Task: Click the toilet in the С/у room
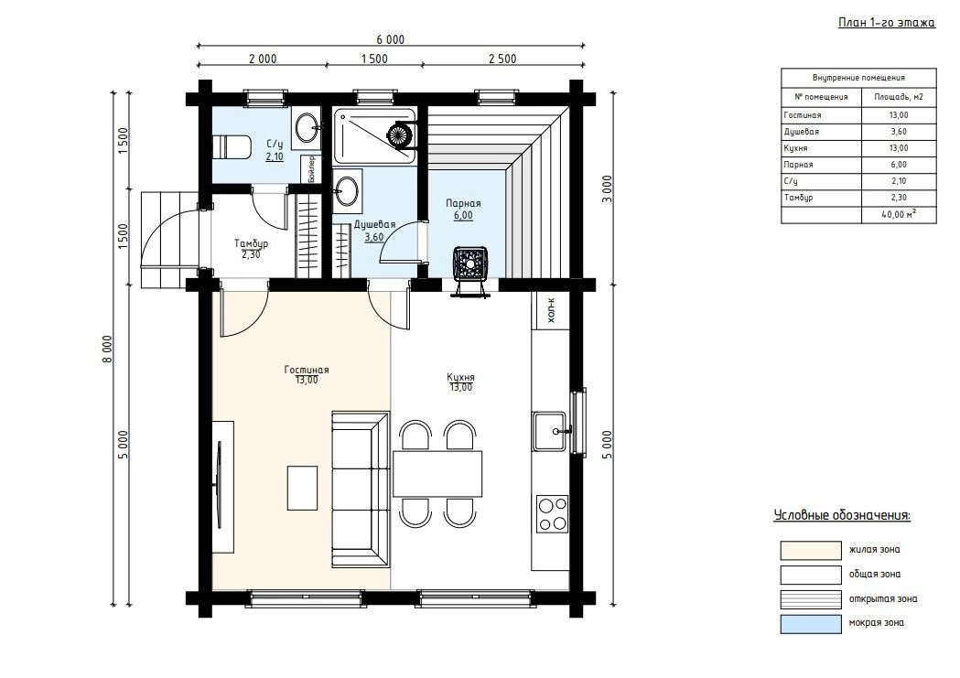click(x=232, y=146)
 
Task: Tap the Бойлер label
click(x=312, y=169)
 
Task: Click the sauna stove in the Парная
click(x=470, y=264)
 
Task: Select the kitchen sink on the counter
click(x=548, y=431)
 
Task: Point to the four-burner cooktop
click(x=552, y=513)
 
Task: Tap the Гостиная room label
click(x=307, y=370)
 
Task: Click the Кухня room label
click(x=460, y=378)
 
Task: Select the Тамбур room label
click(x=251, y=243)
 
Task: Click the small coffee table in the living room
click(x=302, y=488)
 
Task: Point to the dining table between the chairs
click(x=437, y=474)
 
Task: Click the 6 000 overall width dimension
click(x=391, y=39)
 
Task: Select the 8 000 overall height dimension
click(x=108, y=350)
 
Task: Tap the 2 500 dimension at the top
click(x=502, y=59)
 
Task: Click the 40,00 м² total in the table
click(x=899, y=214)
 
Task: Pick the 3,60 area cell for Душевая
click(x=899, y=132)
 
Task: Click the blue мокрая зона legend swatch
click(x=811, y=623)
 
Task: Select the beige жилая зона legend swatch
click(x=811, y=550)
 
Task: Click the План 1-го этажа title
click(x=887, y=23)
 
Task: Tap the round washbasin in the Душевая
click(x=348, y=190)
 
